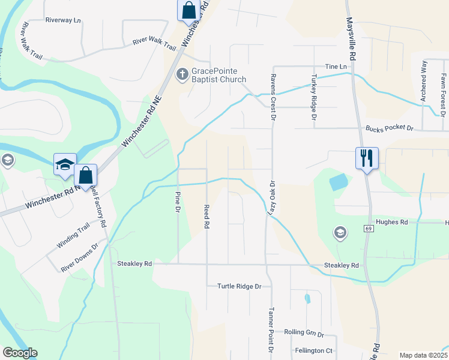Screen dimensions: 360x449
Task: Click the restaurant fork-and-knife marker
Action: (367, 158)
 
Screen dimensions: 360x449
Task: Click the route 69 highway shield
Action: (368, 229)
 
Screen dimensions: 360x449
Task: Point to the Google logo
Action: (20, 353)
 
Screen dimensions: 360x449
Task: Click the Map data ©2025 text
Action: (423, 355)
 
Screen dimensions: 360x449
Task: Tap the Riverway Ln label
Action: (62, 20)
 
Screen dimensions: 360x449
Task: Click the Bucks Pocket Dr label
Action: (390, 128)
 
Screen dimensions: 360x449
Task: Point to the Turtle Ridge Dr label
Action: (240, 286)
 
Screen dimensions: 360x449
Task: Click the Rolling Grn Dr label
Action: (304, 333)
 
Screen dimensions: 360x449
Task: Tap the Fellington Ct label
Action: (313, 350)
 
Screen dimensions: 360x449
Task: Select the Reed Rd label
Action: (206, 216)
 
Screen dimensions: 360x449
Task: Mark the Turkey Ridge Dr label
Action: (313, 97)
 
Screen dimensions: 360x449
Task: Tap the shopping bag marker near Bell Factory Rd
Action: (86, 176)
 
